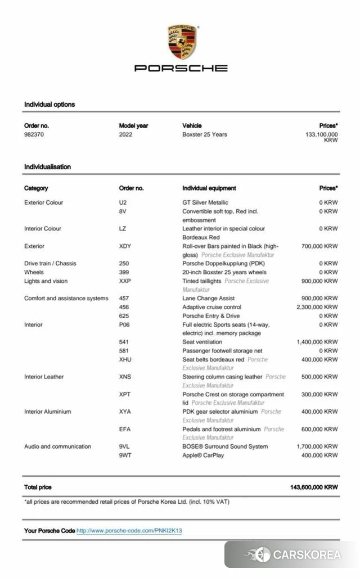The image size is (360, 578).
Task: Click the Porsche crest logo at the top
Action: [x=182, y=42]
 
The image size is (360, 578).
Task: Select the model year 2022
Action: [x=126, y=135]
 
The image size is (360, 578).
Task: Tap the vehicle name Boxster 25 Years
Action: [x=205, y=135]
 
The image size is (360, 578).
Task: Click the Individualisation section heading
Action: [x=47, y=167]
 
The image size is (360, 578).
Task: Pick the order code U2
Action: [x=123, y=202]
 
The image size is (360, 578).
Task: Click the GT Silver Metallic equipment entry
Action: [x=205, y=202]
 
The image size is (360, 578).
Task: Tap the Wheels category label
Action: [x=34, y=272]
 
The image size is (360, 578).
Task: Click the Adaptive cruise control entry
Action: [x=212, y=307]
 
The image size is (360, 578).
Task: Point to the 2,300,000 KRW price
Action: [x=317, y=307]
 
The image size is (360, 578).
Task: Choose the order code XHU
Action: [x=125, y=359]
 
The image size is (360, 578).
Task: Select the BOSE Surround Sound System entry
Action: [x=225, y=446]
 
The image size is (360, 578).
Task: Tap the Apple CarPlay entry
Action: [x=203, y=455]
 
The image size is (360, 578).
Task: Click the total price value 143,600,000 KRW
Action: [x=314, y=487]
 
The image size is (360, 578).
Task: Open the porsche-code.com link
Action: [x=129, y=531]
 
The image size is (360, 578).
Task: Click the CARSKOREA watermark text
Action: [x=307, y=555]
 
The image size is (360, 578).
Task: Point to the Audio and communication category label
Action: [x=57, y=446]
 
